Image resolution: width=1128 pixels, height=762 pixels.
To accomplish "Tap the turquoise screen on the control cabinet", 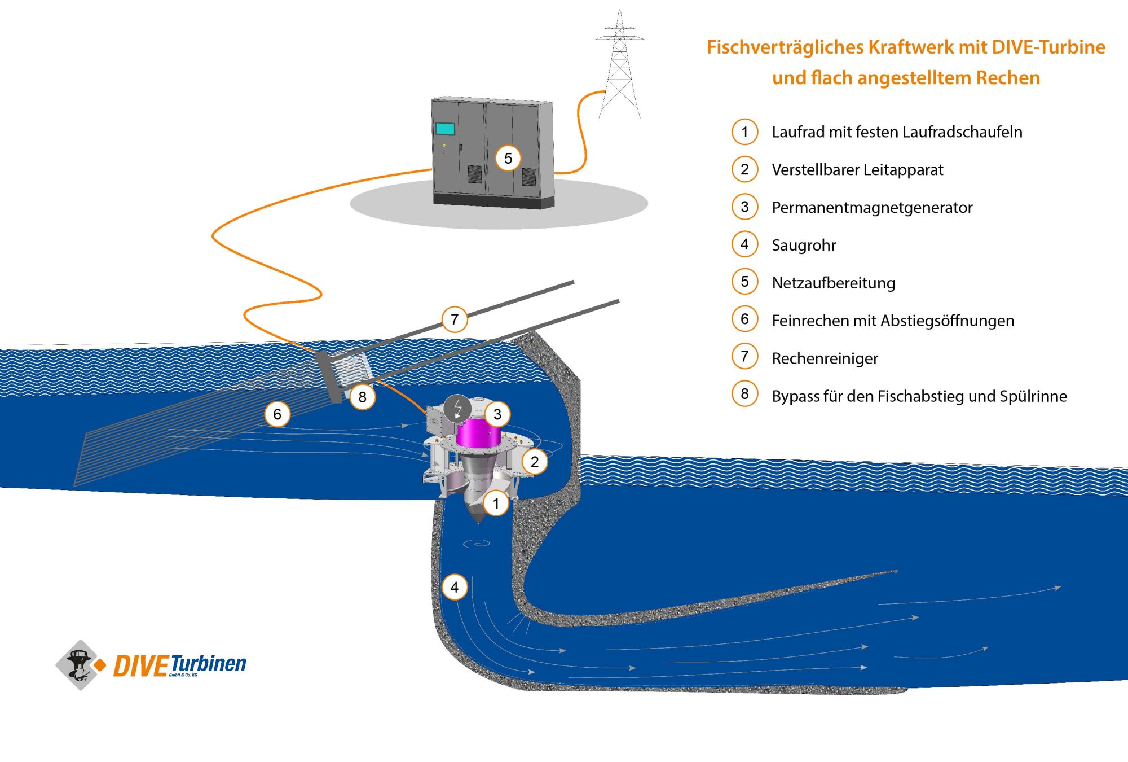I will point(445,129).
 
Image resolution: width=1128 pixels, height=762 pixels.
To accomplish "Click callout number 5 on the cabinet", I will point(508,159).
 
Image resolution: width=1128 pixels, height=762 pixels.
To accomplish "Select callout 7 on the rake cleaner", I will point(455,319).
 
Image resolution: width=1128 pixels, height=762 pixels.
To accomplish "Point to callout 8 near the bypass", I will point(363,397).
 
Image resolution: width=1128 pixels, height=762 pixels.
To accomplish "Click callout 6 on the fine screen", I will point(277,414).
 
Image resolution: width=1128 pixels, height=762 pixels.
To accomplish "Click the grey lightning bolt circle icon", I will point(457,408).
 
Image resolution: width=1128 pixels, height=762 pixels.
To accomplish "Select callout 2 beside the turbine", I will point(535,462).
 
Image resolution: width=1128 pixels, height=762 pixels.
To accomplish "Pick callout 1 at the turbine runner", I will point(496,503).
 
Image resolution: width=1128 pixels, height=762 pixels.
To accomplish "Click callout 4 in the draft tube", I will point(455,587).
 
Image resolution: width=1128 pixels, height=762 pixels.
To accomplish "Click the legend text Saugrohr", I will point(804,246).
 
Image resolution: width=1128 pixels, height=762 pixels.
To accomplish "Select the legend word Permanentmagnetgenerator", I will point(872,208).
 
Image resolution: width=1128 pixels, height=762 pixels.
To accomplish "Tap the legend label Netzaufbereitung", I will point(834,283).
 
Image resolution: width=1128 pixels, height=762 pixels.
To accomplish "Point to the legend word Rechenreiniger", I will point(825,358).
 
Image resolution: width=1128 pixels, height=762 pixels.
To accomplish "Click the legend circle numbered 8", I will point(745,394).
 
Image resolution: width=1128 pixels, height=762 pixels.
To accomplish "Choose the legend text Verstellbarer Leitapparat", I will point(857,170).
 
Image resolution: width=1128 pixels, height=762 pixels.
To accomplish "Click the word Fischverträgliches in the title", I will point(785,47).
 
